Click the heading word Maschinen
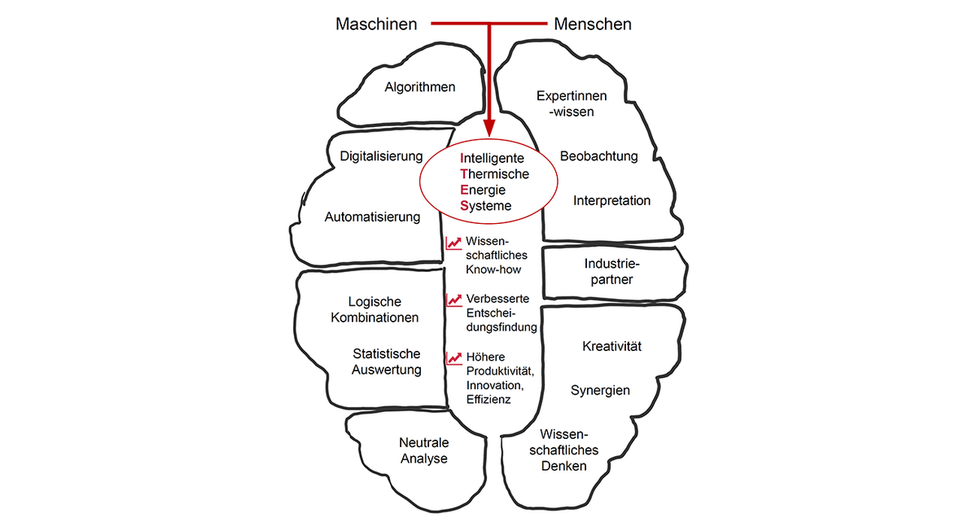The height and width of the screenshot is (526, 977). (x=376, y=24)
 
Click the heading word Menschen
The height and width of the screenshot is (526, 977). (x=592, y=24)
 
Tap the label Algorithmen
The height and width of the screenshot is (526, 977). (x=420, y=87)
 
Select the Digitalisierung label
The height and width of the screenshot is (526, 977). (x=381, y=156)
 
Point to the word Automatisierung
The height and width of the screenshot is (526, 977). (x=372, y=217)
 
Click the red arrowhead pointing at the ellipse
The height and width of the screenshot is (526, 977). (x=488, y=128)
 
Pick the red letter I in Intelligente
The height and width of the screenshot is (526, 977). (x=462, y=158)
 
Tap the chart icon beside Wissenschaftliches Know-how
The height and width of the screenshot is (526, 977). (x=453, y=243)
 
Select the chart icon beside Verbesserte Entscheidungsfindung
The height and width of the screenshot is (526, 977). (x=453, y=300)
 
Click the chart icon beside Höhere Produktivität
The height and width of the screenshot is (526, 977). (x=453, y=357)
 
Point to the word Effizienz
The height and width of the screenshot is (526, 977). (x=488, y=400)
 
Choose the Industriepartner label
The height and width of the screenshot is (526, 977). (x=613, y=272)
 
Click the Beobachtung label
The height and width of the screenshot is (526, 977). (x=598, y=156)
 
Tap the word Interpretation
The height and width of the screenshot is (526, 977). (x=611, y=200)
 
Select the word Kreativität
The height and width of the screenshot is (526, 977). (x=611, y=347)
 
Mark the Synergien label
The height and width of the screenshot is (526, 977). (x=600, y=391)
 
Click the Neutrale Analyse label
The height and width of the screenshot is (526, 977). (x=423, y=451)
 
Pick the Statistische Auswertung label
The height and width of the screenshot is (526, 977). (x=387, y=362)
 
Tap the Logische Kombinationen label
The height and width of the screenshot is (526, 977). (x=375, y=310)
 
